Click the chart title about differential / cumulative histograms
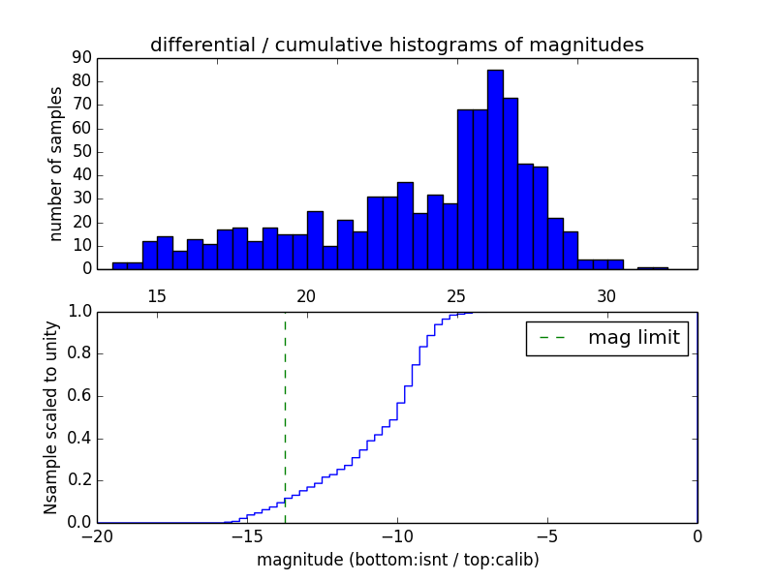click(x=396, y=45)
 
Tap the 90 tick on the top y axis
click(x=81, y=57)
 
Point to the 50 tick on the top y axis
click(x=81, y=152)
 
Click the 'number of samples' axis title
click(x=56, y=164)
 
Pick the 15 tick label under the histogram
click(x=157, y=295)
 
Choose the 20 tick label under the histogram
click(x=307, y=295)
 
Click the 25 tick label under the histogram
click(x=456, y=295)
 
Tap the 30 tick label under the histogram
click(x=606, y=295)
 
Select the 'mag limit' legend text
click(x=634, y=338)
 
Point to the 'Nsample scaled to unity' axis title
click(x=51, y=417)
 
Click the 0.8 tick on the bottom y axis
click(x=79, y=353)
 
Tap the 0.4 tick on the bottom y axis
click(x=79, y=438)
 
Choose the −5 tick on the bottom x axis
click(x=547, y=536)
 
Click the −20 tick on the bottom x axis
click(x=97, y=536)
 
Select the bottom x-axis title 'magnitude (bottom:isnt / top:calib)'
click(x=397, y=560)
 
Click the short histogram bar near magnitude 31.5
click(x=652, y=268)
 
